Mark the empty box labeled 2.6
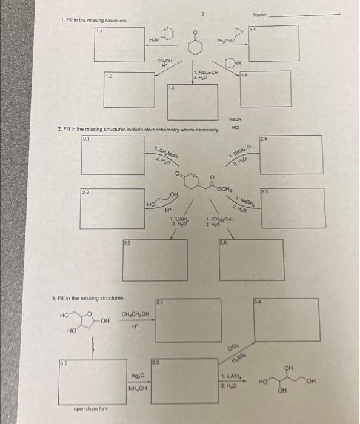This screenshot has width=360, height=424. pos(250,260)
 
